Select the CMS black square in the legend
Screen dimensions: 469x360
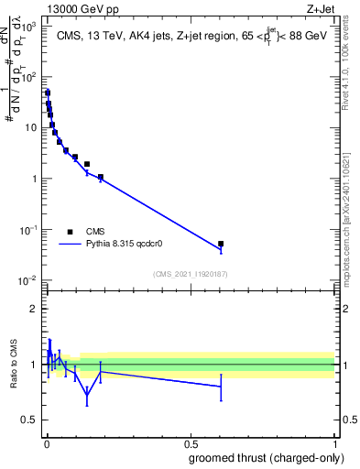pyautogui.click(x=70, y=233)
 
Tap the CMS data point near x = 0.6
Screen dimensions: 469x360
pyautogui.click(x=221, y=244)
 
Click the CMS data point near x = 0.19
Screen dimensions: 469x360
pyautogui.click(x=100, y=177)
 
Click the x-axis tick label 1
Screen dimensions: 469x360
pyautogui.click(x=334, y=443)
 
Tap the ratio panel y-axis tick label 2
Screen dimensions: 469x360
pyautogui.click(x=34, y=309)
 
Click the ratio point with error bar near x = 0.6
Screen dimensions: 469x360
pyautogui.click(x=221, y=387)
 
